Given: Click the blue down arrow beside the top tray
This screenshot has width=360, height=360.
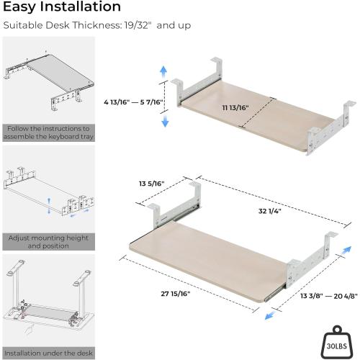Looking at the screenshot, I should [164, 120].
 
